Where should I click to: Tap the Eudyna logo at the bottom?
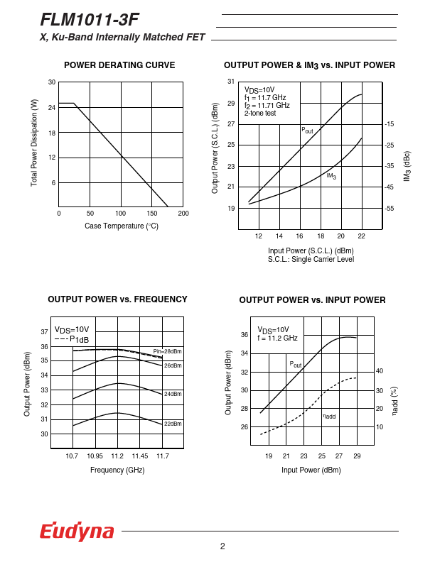[x=76, y=531]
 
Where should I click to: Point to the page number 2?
[x=222, y=546]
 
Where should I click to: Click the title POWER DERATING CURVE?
[x=119, y=65]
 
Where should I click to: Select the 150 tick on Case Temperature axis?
[x=152, y=213]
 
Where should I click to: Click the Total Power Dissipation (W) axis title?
[x=33, y=143]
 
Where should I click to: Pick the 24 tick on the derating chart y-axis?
[x=51, y=108]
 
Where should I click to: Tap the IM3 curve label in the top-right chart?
[x=331, y=175]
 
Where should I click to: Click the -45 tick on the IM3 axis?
[x=389, y=187]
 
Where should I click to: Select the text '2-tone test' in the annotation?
[x=262, y=113]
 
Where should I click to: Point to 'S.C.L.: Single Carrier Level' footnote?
[x=311, y=259]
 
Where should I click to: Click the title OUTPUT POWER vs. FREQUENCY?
[x=117, y=299]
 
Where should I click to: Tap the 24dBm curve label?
[x=173, y=394]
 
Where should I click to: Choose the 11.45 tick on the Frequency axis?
[x=140, y=456]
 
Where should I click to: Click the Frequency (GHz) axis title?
[x=117, y=470]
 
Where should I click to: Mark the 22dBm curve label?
[x=173, y=424]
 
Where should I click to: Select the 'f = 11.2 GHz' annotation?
[x=277, y=338]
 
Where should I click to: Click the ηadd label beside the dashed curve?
[x=328, y=417]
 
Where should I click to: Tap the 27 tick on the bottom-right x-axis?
[x=339, y=456]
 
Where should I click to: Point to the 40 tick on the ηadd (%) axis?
[x=380, y=371]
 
